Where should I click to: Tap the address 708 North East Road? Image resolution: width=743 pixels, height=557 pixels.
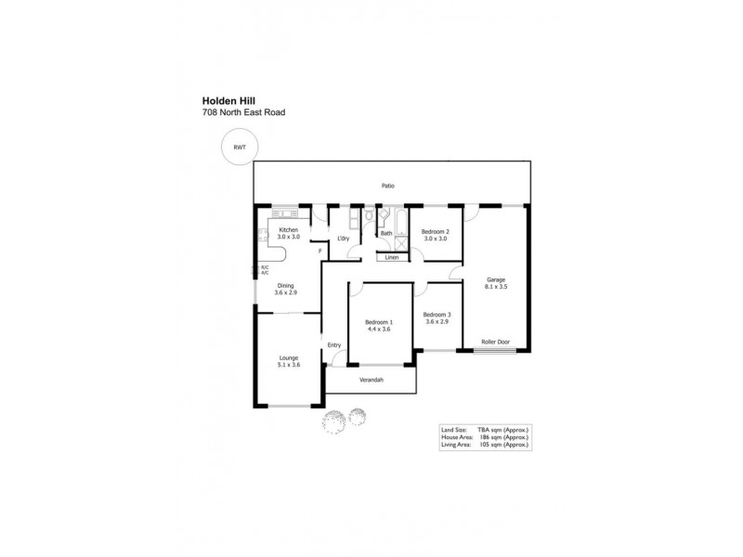[x=243, y=112]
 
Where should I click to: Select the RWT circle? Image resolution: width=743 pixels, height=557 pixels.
[x=239, y=147]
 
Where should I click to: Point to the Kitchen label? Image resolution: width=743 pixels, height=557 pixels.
[x=289, y=229]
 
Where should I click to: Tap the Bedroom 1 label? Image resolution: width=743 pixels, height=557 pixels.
[x=378, y=322]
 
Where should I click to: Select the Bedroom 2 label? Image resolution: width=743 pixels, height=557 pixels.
[x=435, y=231]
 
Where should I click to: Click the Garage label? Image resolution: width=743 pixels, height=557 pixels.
[x=496, y=279]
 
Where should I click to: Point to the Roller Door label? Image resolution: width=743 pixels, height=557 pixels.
[x=495, y=342]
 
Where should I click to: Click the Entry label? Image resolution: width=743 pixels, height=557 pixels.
[x=334, y=345]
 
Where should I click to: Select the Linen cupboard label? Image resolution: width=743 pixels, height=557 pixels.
[x=392, y=257]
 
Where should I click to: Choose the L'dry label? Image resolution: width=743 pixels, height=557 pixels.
[x=342, y=239]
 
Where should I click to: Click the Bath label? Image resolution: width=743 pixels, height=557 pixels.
[x=386, y=233]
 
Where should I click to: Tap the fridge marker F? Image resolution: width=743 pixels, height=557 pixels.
[x=319, y=251]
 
